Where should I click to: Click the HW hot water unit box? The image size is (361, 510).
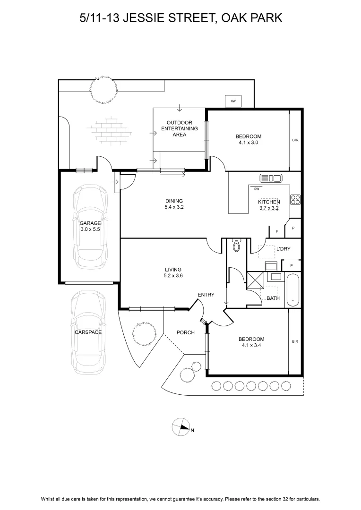[x=233, y=101]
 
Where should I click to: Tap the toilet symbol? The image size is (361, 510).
[x=236, y=245]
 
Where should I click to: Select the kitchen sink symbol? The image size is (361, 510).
[x=271, y=178]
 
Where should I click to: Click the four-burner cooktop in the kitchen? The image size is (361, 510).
[x=296, y=200]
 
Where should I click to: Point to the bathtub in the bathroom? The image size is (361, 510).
[x=293, y=290]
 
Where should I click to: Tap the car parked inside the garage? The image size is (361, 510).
[x=90, y=226]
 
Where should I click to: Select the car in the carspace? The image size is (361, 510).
[x=88, y=332]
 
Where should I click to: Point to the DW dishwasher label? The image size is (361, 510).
[x=257, y=188]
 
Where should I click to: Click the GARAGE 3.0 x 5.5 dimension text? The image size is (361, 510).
[x=90, y=229]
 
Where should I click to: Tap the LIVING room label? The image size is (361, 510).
[x=173, y=269]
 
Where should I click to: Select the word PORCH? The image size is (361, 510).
[x=186, y=332]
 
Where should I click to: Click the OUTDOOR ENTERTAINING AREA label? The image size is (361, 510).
[x=180, y=128]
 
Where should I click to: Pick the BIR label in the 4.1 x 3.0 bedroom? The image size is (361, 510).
[x=295, y=140]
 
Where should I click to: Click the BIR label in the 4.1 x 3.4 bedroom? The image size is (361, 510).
[x=295, y=341]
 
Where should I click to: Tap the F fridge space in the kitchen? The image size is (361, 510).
[x=277, y=231]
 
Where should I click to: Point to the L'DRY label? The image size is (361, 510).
[x=283, y=249]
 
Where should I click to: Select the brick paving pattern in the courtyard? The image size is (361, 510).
[x=109, y=129]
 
